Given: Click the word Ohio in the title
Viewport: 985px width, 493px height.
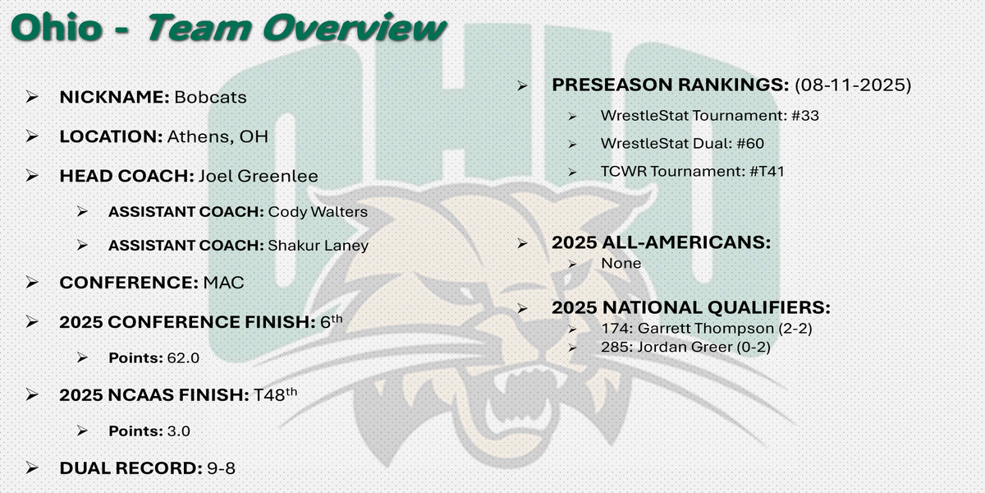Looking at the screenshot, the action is (57, 28).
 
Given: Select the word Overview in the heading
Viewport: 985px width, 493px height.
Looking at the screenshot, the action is (355, 28).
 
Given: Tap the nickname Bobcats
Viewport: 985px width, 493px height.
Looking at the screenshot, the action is (210, 97).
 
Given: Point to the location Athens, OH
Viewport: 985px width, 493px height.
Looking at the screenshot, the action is (218, 137).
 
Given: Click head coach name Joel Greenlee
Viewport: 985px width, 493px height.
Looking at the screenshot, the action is (258, 176).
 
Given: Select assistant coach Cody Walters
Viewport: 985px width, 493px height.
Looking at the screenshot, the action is (318, 212).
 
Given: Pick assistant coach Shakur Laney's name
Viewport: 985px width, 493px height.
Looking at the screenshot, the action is (318, 246).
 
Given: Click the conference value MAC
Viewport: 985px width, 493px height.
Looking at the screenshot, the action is (223, 283).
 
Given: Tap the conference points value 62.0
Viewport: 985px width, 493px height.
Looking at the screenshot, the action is (183, 358).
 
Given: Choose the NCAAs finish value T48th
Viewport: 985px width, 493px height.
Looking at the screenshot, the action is (275, 394).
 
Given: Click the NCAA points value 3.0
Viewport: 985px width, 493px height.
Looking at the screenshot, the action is (179, 431).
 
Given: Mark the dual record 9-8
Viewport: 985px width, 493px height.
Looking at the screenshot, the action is (221, 468).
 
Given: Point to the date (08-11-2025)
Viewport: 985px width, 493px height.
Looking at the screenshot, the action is (853, 85).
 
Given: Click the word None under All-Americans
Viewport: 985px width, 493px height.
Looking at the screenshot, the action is (621, 263).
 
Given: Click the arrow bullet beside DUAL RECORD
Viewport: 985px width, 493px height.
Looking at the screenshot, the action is (32, 468).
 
